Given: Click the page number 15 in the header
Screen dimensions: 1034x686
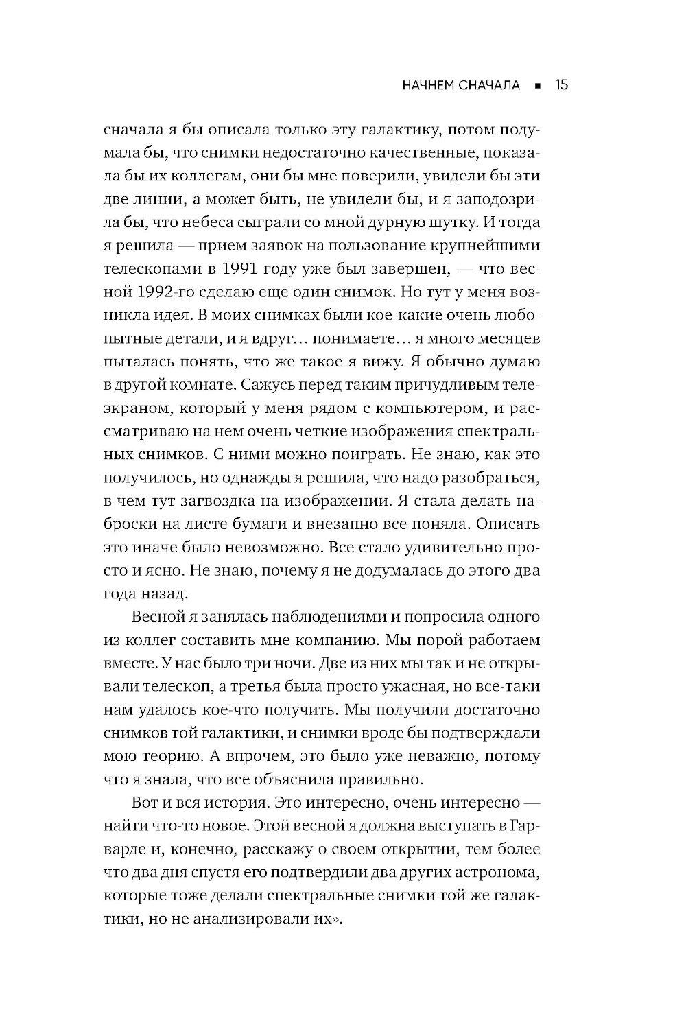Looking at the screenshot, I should (560, 85).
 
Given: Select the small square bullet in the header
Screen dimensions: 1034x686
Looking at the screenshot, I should (538, 86).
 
